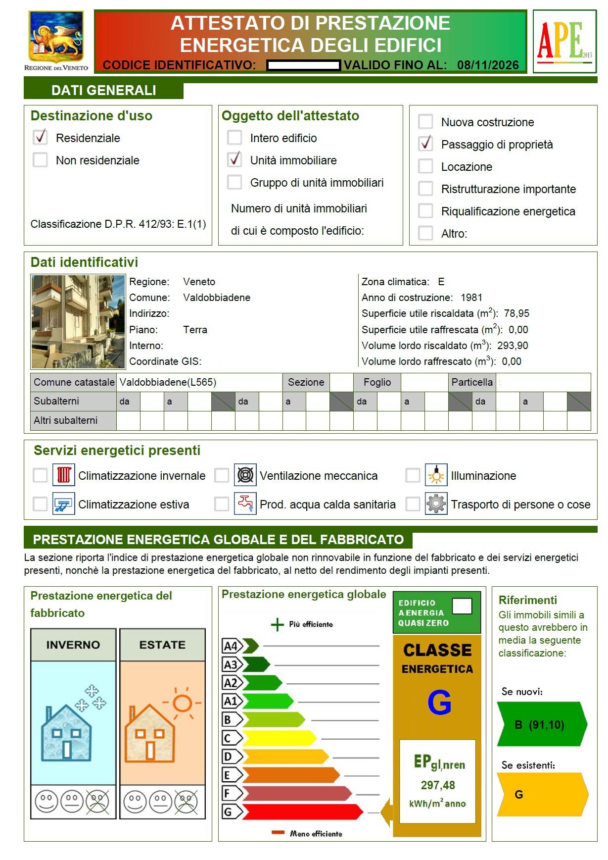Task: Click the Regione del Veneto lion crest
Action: coord(56,37)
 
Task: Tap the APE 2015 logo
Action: coord(564,41)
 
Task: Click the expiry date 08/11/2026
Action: coord(488,65)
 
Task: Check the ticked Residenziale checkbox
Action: coord(40,137)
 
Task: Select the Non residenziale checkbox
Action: coord(40,160)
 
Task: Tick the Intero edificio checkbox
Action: coord(234,138)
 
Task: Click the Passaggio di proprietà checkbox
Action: coord(425,144)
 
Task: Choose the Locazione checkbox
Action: coord(425,166)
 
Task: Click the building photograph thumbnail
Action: coord(78,322)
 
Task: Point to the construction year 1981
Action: coord(471,298)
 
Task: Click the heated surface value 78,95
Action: coord(516,313)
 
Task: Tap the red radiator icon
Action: coord(64,475)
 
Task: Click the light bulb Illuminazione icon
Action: coord(436,475)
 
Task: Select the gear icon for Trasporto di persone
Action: coord(436,504)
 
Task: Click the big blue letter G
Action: coord(439,703)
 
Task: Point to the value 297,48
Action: coord(438,785)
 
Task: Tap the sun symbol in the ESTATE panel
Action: coord(182,703)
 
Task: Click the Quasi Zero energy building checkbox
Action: coord(462,606)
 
